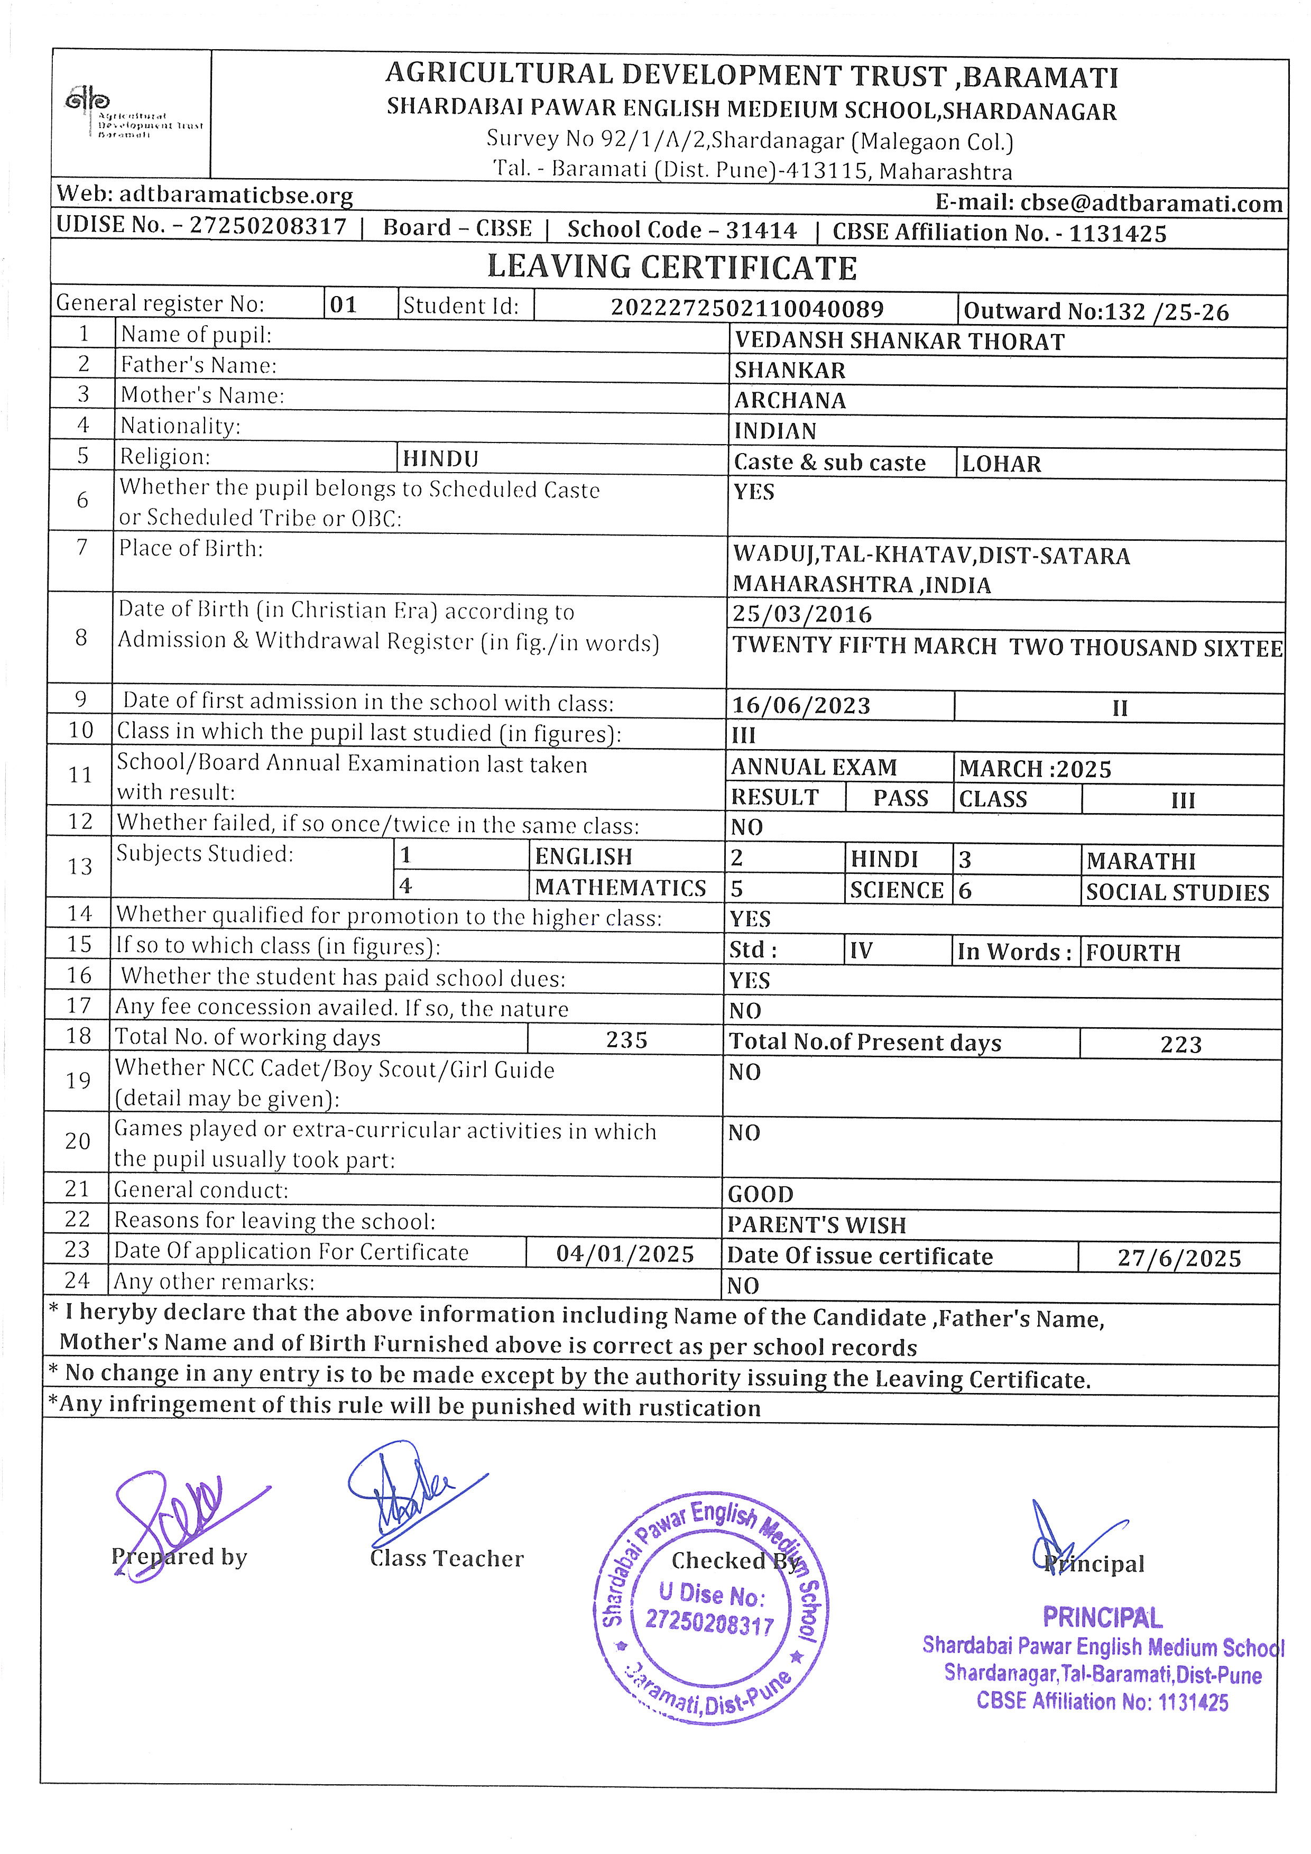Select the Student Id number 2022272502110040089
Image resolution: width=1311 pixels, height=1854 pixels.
tap(747, 308)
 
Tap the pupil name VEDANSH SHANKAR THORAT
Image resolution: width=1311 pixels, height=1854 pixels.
tap(899, 342)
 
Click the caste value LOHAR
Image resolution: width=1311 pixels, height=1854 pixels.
tap(1001, 464)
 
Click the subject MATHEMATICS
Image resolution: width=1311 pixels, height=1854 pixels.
tap(620, 888)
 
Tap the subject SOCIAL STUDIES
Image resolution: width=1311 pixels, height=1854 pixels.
tap(1177, 892)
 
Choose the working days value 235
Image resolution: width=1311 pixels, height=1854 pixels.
tap(626, 1040)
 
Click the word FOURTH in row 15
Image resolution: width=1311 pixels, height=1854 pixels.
tap(1133, 953)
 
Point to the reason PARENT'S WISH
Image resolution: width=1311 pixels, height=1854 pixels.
tap(816, 1225)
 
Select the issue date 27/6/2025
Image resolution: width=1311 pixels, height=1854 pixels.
tap(1179, 1258)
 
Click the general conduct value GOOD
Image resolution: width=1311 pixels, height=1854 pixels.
tap(761, 1194)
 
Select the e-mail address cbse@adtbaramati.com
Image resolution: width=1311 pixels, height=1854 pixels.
tap(1150, 204)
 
